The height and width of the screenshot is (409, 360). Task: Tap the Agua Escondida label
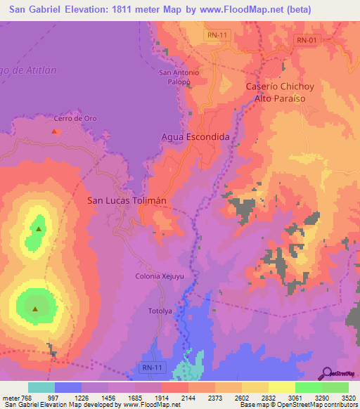195,137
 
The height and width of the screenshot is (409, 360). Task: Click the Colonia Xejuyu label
160,276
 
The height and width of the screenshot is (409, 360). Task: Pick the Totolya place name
160,310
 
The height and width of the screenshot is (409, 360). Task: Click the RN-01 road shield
307,40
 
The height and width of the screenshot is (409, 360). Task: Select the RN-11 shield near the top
217,34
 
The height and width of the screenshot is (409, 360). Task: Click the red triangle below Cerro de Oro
55,130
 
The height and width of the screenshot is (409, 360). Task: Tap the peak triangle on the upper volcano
39,228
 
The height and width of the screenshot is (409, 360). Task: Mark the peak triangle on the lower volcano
35,308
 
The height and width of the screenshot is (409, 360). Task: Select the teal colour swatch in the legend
41,387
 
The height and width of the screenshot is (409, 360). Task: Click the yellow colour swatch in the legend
282,387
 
